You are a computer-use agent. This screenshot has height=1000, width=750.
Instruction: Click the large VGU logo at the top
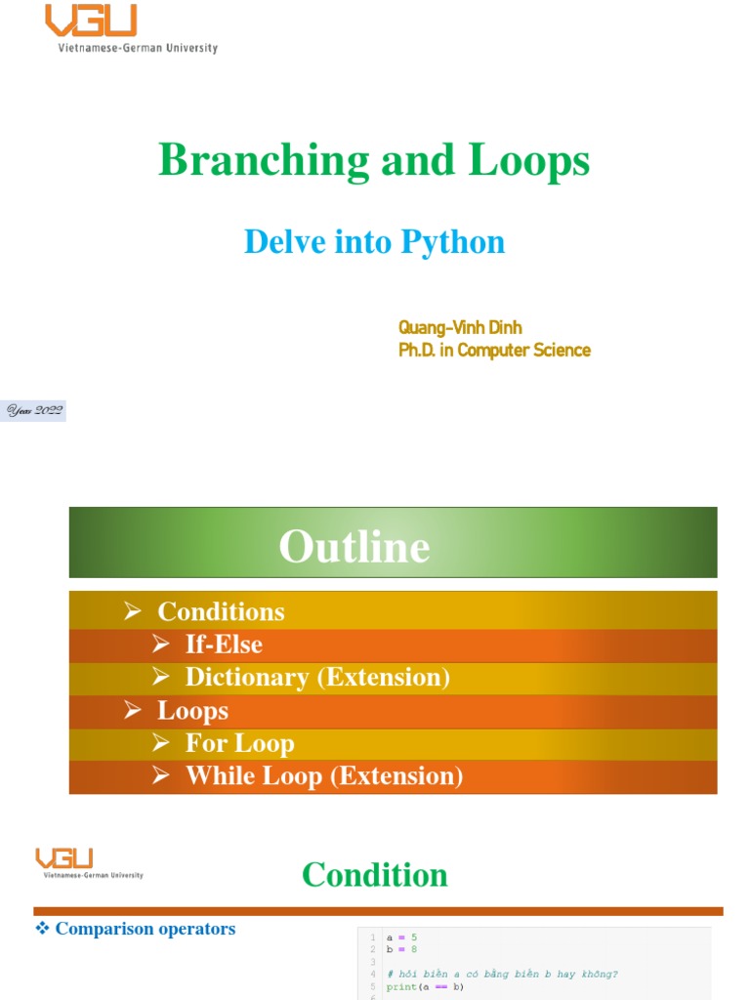pos(92,21)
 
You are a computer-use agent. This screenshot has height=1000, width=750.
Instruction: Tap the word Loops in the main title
pos(528,160)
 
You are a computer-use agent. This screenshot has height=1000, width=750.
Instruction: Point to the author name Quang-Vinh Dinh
pos(460,328)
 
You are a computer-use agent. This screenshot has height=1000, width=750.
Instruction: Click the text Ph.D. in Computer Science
pos(494,350)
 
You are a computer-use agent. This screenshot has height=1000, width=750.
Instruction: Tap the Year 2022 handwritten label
pos(35,411)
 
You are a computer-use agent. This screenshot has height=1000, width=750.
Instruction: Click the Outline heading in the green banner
pos(354,546)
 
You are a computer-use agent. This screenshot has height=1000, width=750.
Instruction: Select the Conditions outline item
pos(221,612)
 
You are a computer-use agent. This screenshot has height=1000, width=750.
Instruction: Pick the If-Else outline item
pos(224,645)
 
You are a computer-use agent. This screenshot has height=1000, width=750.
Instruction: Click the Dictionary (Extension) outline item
pos(317,678)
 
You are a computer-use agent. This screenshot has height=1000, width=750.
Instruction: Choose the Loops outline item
pos(192,711)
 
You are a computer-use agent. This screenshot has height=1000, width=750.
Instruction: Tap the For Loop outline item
pos(239,744)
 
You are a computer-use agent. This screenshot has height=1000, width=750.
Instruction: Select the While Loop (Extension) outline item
pos(324,776)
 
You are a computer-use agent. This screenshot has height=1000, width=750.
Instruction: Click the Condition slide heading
pos(375,874)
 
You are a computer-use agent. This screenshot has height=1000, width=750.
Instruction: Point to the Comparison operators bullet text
pos(145,929)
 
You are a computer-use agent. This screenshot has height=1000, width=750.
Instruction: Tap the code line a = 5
pos(401,937)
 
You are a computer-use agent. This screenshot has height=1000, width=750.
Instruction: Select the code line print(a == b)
pos(425,986)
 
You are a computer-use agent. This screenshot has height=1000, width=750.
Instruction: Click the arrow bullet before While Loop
pos(161,776)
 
